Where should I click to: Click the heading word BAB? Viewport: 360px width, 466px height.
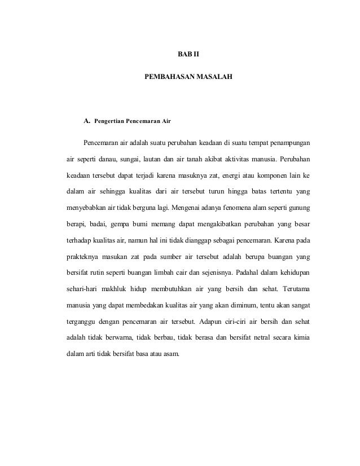pos(182,55)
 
